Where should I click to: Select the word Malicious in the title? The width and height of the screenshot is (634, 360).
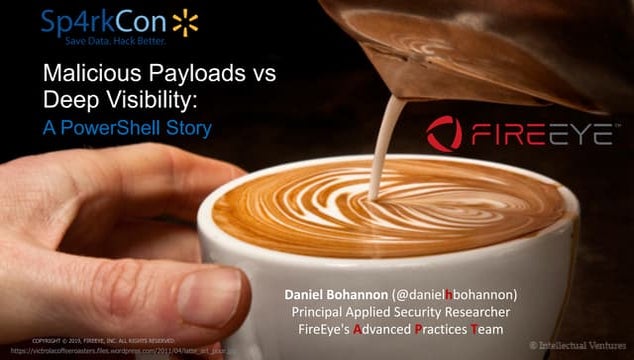[86, 75]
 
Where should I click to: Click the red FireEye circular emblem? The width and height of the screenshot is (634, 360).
[444, 133]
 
